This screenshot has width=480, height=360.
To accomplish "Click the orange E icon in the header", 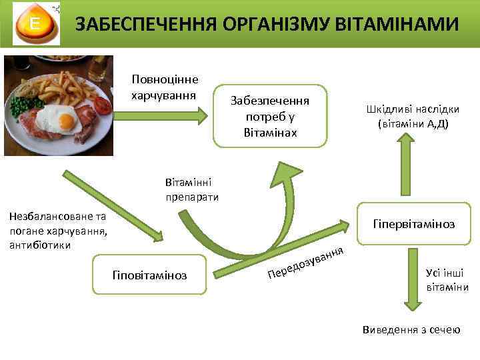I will point(33,25).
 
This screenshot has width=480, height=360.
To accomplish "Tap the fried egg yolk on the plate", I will point(65,121).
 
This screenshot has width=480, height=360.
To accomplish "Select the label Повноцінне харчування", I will point(165,87).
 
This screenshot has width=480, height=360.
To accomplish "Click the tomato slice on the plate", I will point(103,105).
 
